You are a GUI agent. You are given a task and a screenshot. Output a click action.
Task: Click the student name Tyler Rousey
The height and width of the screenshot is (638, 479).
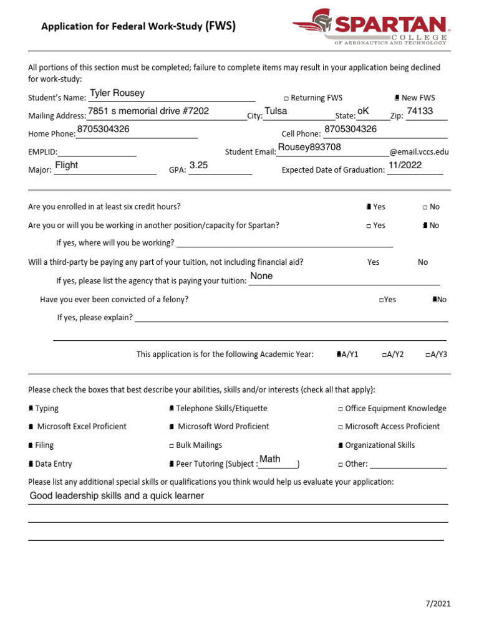117,93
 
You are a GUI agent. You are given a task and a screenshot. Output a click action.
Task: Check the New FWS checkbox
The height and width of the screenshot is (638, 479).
397,98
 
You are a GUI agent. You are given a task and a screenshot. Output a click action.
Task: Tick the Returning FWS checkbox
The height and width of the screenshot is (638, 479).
286,98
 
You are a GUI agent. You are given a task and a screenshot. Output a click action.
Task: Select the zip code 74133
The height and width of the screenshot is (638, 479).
420,111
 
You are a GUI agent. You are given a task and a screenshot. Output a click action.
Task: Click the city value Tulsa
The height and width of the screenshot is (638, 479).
276,111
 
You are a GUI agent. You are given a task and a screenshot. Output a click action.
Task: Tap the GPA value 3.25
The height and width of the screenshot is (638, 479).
198,165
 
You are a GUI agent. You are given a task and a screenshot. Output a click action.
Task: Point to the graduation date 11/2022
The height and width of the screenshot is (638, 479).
405,165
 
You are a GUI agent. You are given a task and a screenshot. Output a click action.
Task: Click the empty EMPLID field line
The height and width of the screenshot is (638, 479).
97,152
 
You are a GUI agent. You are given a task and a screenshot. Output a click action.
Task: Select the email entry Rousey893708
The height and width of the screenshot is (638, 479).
309,147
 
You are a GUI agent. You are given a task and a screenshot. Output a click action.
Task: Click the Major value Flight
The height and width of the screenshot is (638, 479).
67,165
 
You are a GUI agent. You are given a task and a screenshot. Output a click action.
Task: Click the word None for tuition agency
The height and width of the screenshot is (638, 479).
261,276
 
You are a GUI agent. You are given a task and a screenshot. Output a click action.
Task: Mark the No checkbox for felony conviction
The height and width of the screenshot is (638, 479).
435,300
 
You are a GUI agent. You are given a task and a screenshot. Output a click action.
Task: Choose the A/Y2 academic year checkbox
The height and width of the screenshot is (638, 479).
384,355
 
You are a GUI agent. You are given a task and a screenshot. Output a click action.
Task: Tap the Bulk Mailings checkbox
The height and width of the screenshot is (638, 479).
172,445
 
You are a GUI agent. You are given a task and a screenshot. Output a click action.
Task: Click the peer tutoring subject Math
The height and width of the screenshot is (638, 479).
270,459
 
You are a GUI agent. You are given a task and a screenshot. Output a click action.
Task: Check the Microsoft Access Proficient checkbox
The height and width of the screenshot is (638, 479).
341,427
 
